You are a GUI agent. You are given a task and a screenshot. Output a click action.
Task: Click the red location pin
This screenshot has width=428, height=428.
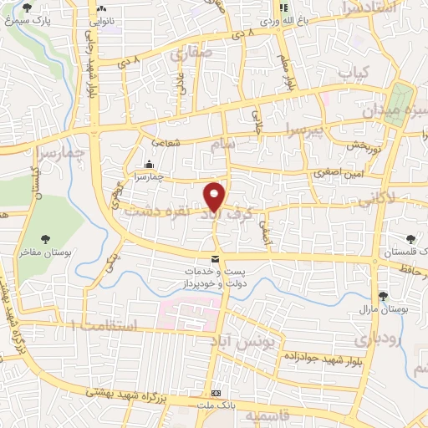click(x=215, y=196)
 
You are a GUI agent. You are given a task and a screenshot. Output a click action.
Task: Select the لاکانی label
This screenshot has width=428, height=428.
click(x=377, y=201)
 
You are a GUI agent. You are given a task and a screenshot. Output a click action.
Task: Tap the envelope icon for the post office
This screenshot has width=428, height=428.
click(x=216, y=260)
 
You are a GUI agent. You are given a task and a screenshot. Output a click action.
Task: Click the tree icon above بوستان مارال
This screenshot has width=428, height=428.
click(x=384, y=295)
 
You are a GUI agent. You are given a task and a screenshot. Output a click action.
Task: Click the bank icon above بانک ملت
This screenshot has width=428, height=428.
click(x=217, y=392)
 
